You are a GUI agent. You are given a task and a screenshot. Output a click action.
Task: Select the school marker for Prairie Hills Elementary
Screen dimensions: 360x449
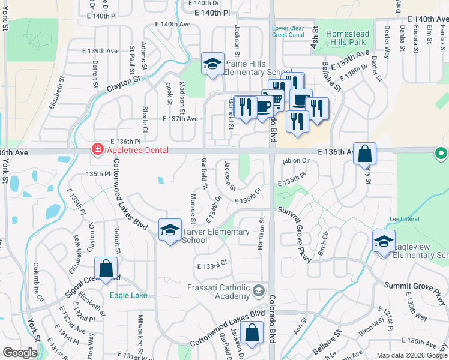point(212,65)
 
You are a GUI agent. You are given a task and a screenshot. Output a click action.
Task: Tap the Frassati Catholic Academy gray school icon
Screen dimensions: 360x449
point(259,291)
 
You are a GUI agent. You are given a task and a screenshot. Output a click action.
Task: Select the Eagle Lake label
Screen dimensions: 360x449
point(129,295)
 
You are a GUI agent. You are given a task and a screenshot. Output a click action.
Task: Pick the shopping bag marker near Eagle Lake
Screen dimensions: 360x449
point(106,269)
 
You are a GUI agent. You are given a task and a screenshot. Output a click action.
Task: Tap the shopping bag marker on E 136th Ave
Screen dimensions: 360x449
point(364,154)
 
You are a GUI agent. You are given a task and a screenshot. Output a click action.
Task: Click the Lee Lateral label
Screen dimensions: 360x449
point(402,220)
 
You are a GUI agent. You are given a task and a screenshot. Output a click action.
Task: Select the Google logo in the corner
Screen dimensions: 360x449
point(19,353)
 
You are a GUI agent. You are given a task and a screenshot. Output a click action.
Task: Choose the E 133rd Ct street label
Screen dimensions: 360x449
point(212,264)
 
